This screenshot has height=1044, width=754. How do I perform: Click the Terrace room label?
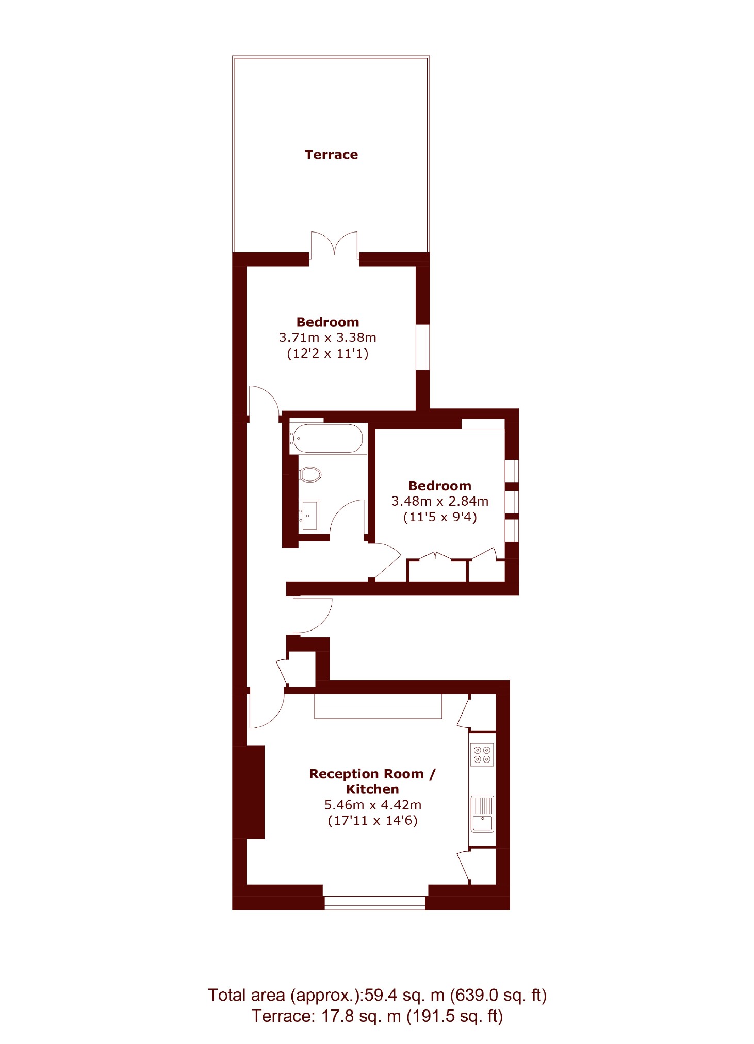331,155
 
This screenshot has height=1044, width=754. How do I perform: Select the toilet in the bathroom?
310,474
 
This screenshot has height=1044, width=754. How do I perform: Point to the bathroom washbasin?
308,515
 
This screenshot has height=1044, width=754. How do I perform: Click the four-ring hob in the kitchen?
482,754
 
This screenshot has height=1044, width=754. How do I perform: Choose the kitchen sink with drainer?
482,814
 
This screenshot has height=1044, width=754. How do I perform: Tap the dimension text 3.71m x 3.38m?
327,338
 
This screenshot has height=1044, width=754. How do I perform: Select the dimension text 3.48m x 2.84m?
439,501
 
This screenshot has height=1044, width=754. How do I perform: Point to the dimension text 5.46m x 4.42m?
372,805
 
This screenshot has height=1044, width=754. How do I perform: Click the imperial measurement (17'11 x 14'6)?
372,820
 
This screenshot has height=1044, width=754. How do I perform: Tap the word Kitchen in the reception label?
372,789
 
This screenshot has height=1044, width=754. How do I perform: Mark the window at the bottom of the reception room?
375,902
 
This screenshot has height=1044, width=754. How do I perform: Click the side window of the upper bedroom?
423,347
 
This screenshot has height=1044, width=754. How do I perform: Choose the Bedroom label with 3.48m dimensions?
439,486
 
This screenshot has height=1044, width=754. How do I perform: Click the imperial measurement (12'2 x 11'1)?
327,354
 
